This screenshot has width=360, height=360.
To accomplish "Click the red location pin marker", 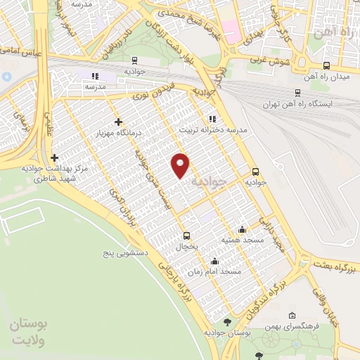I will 181,165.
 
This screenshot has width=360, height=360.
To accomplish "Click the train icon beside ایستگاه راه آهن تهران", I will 297,92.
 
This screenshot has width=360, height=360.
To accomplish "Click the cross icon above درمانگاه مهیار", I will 117,122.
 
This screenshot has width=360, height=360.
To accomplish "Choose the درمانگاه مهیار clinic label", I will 119,132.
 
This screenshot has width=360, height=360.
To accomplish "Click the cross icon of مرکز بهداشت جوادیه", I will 54,158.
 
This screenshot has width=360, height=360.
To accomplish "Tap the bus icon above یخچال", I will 186,236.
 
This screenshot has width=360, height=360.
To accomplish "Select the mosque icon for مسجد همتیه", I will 243,229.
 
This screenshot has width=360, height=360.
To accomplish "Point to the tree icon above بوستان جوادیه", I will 226,322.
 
